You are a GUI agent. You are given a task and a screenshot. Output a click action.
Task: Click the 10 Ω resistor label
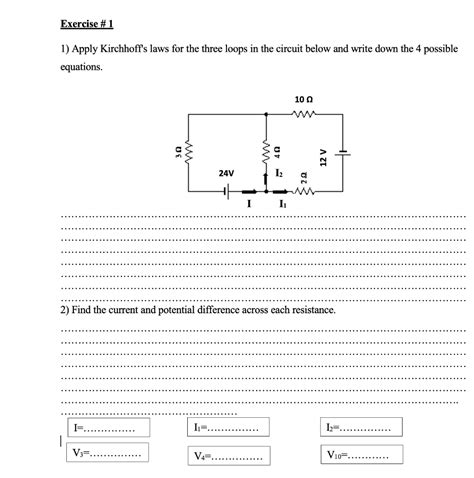(x=304, y=100)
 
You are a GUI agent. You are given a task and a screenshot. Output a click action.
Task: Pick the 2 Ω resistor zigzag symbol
(x=304, y=190)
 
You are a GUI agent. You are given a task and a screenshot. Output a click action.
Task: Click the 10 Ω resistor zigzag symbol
(x=304, y=115)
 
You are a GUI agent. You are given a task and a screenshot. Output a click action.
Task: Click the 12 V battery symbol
(x=342, y=153)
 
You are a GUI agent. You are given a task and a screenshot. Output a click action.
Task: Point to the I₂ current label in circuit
(x=277, y=174)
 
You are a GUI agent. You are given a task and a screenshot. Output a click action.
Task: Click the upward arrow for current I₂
(x=265, y=178)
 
